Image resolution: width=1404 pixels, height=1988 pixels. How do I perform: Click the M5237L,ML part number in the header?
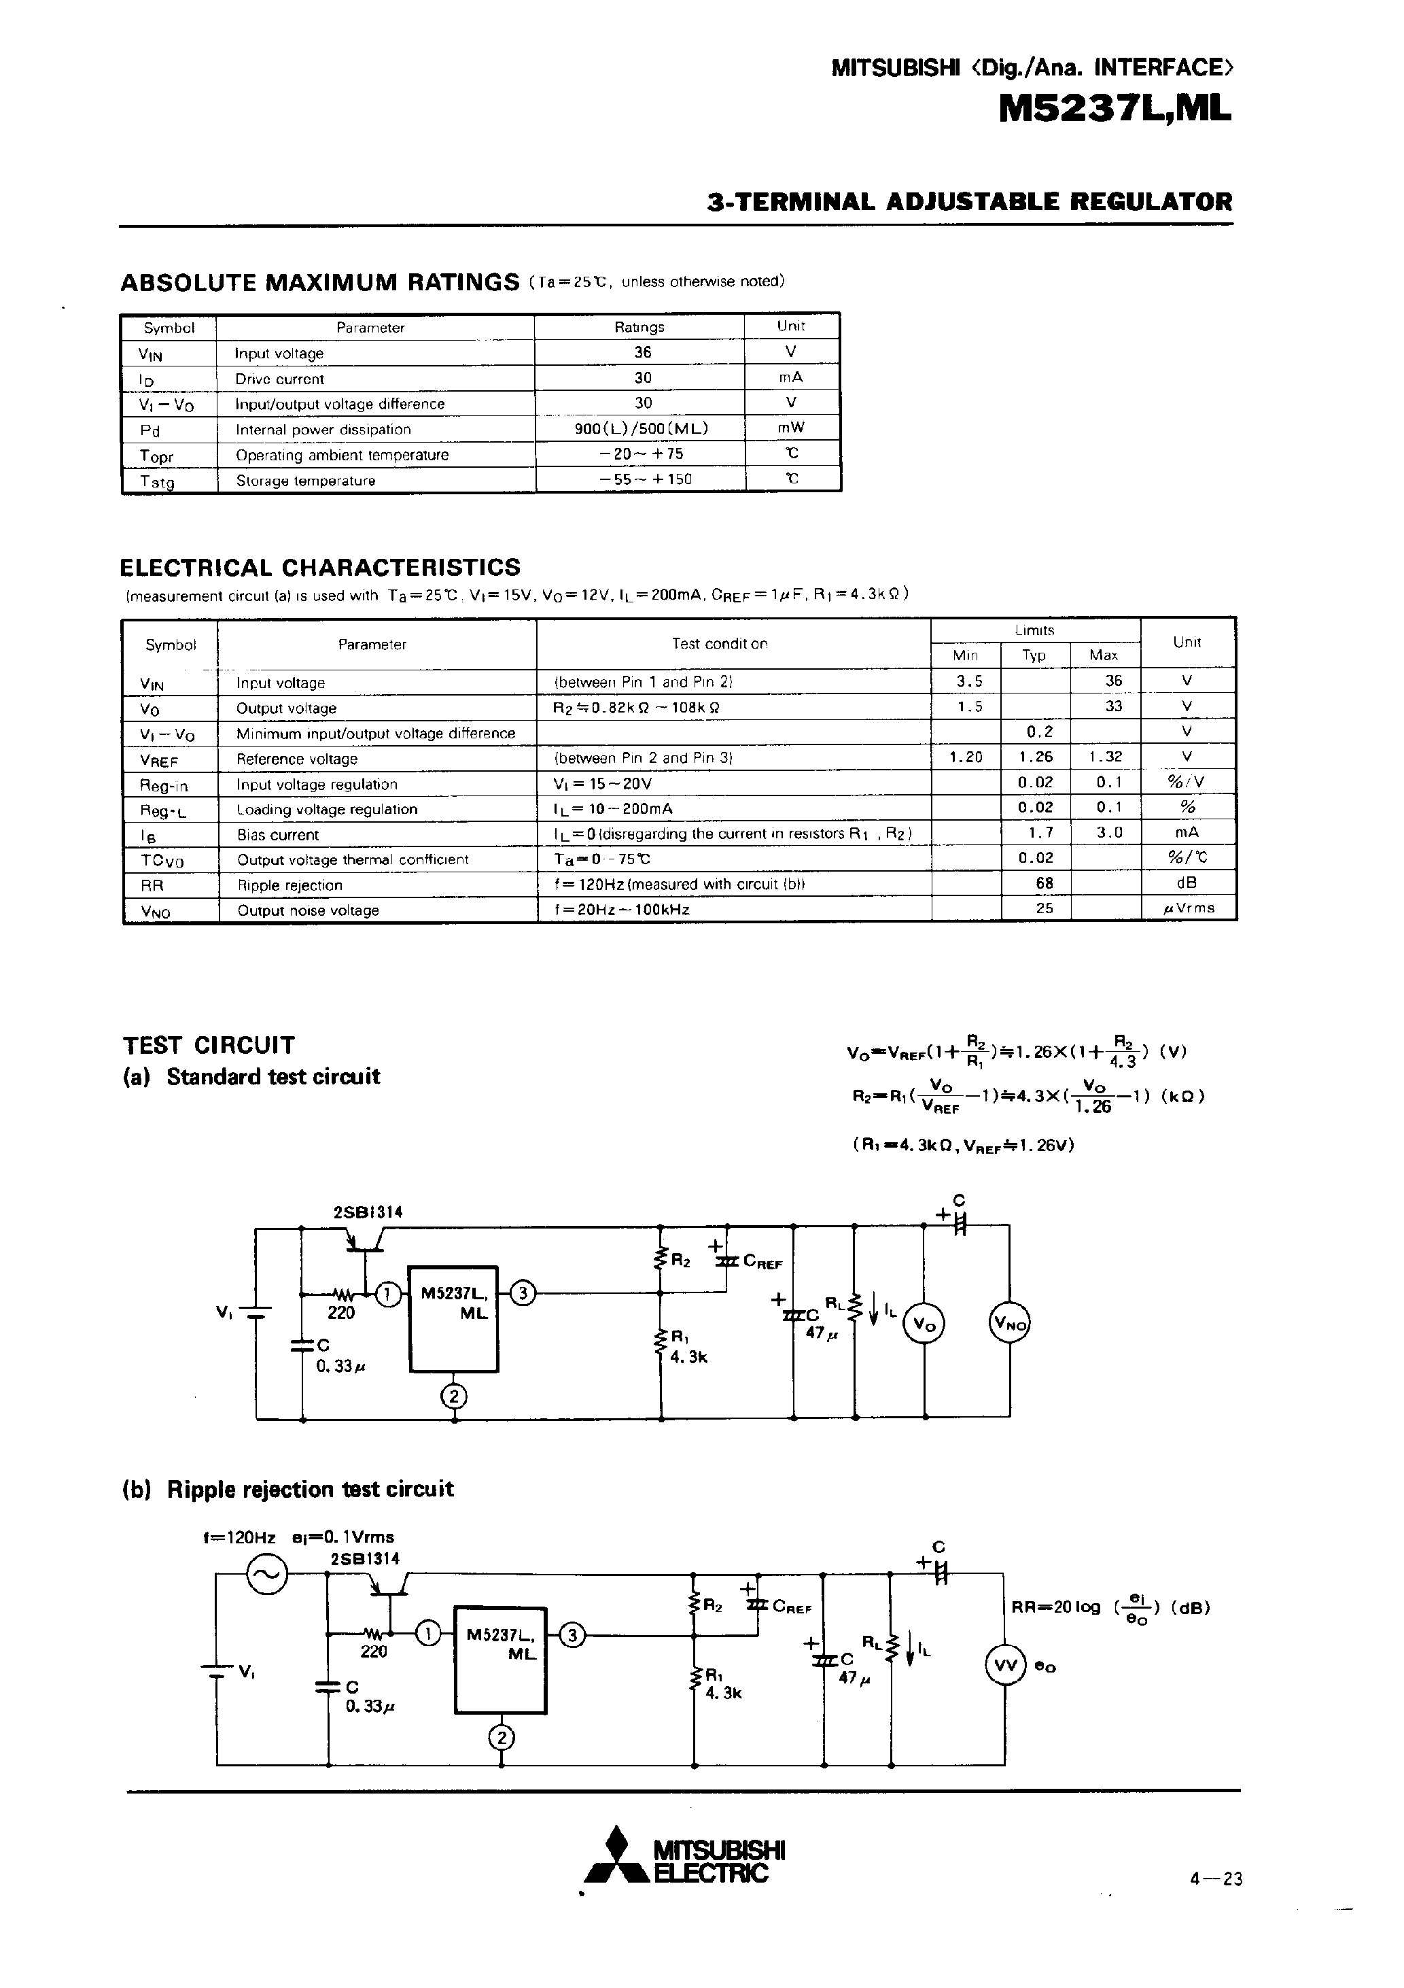tap(1115, 111)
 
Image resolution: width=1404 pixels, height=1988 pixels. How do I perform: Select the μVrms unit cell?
tap(1189, 908)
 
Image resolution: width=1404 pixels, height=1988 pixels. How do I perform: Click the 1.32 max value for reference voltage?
tap(1106, 757)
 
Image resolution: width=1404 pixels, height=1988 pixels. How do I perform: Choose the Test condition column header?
tap(719, 643)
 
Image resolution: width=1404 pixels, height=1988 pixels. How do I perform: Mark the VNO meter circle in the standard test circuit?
tap(1009, 1323)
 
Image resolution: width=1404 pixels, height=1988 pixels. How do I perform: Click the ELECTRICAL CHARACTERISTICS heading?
tap(319, 567)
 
